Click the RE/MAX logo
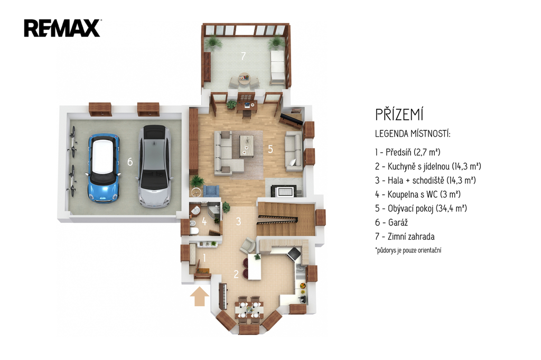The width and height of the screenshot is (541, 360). [x=62, y=29]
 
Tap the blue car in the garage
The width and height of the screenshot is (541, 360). [x=104, y=168]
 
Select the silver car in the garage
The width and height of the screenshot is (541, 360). [x=154, y=167]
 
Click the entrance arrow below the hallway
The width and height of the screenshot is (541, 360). [x=199, y=297]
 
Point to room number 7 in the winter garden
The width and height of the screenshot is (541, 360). [x=243, y=56]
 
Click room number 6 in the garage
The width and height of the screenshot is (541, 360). [x=130, y=162]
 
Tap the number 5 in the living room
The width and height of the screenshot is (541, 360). [x=270, y=149]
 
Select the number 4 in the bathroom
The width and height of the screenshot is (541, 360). [x=204, y=222]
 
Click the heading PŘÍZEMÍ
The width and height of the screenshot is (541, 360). [x=399, y=115]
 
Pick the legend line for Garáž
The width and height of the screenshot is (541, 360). [x=391, y=222]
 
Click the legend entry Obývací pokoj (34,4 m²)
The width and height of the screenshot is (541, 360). [x=421, y=209]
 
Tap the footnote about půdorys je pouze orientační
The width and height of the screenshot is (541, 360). [x=408, y=250]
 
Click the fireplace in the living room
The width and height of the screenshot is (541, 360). [x=284, y=191]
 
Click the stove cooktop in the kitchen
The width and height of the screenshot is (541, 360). [x=294, y=253]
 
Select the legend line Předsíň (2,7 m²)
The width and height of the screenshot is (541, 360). [x=408, y=152]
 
